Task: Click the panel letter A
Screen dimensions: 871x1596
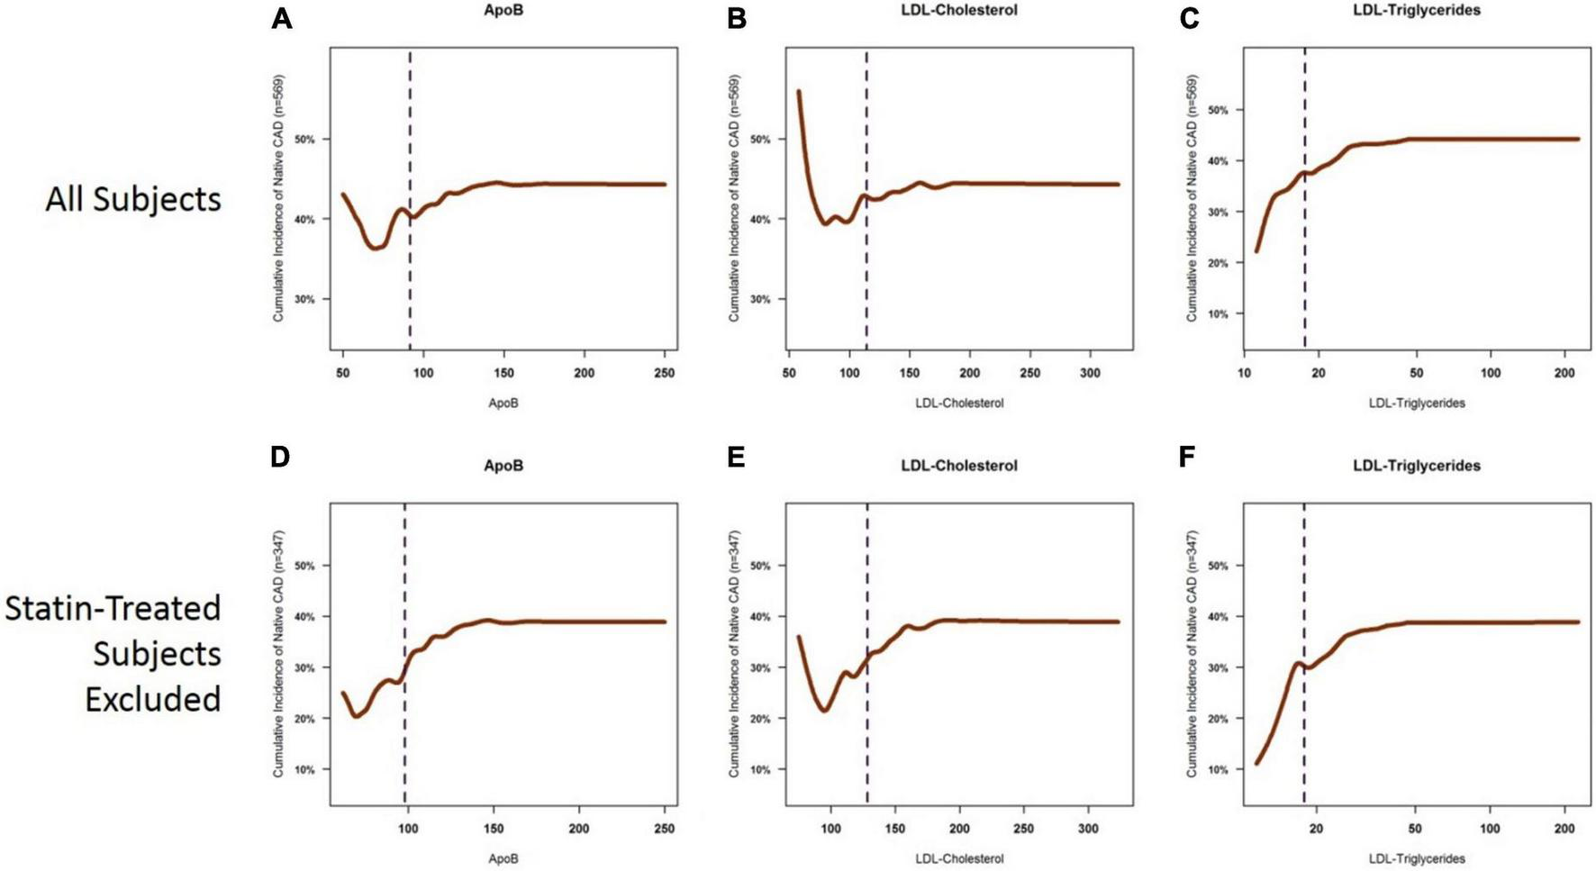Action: (281, 18)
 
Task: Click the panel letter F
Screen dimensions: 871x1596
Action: (1187, 458)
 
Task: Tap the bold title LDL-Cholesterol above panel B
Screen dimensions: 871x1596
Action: (958, 10)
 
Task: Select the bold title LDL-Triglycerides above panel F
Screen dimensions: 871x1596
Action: (1416, 466)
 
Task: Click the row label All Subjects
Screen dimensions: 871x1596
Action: (133, 199)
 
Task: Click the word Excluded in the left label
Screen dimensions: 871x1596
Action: (153, 699)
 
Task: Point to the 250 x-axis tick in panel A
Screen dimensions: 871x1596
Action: (664, 373)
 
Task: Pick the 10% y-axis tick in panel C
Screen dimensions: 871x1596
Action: (1218, 314)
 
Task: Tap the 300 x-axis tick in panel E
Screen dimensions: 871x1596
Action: (1088, 829)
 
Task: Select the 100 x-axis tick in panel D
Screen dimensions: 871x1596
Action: (408, 829)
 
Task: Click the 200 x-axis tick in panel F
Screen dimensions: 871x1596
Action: (1564, 829)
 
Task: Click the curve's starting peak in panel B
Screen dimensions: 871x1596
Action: (799, 92)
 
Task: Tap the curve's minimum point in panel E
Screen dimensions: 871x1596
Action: (823, 710)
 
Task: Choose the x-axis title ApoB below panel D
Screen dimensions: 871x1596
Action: (503, 859)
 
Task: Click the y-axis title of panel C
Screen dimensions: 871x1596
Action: (1192, 198)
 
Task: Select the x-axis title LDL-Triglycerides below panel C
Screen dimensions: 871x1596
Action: (1416, 404)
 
